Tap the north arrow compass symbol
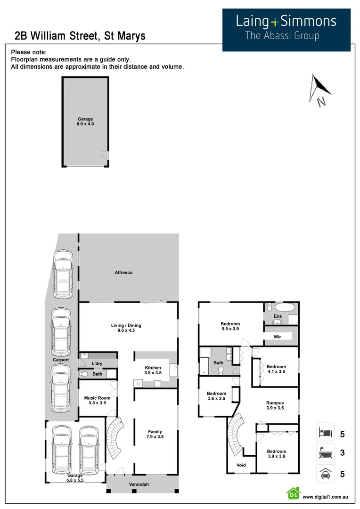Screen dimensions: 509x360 point(317,90)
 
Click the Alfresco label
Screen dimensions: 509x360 point(123,273)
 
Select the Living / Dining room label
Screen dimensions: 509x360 point(126,328)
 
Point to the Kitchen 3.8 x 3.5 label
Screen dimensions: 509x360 point(153,370)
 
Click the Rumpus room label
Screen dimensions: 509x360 point(275,405)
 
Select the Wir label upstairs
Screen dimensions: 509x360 point(278,337)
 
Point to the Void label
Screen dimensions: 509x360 point(241,465)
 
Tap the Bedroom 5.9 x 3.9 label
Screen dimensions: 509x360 point(230,327)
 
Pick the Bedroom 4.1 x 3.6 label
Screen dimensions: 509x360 point(276,369)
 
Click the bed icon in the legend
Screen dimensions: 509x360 point(325,432)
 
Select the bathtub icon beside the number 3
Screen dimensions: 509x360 point(325,453)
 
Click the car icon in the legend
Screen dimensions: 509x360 point(325,474)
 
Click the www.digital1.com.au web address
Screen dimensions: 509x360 point(325,497)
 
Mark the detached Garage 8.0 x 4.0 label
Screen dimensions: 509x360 point(85,122)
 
